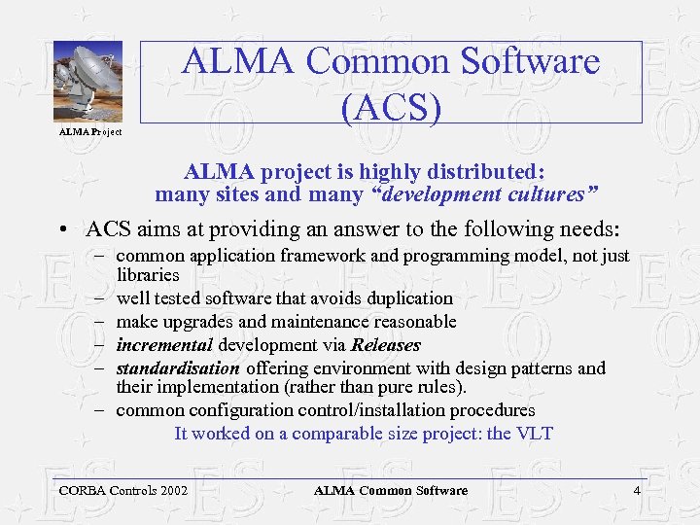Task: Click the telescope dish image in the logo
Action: pyautogui.click(x=87, y=82)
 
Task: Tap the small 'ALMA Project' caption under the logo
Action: pyautogui.click(x=90, y=132)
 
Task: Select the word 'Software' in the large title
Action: pyautogui.click(x=519, y=63)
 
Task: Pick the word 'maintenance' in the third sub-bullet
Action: pyautogui.click(x=315, y=322)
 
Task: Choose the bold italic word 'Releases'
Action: pyautogui.click(x=385, y=345)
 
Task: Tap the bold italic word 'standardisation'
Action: pyautogui.click(x=178, y=368)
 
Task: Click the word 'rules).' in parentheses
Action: pyautogui.click(x=439, y=386)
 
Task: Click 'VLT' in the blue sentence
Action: pyautogui.click(x=535, y=434)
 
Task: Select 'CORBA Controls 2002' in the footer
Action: pyautogui.click(x=123, y=491)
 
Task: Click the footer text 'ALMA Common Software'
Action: pyautogui.click(x=391, y=491)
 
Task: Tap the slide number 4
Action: pyautogui.click(x=637, y=491)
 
